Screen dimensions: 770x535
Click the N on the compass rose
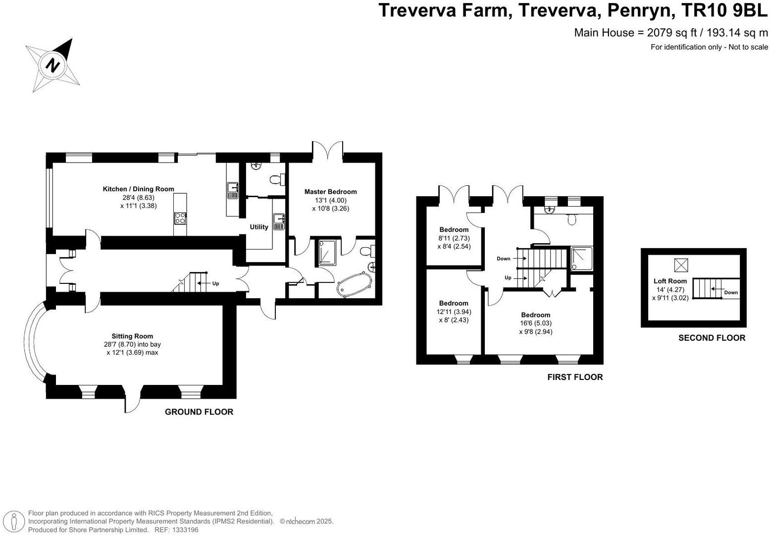(x=52, y=65)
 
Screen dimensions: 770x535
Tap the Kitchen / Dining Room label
(x=139, y=189)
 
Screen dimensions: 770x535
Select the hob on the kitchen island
(x=180, y=218)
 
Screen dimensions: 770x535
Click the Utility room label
(x=259, y=227)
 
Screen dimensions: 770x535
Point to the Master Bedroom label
(x=331, y=192)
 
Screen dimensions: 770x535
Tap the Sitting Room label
(x=132, y=336)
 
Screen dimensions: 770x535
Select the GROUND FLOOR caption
(x=199, y=412)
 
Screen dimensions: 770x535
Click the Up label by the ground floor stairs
(x=215, y=284)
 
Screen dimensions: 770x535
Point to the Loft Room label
(x=670, y=281)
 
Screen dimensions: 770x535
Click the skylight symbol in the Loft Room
(x=681, y=265)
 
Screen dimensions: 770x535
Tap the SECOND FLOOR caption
(x=712, y=338)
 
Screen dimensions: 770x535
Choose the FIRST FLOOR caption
(x=575, y=377)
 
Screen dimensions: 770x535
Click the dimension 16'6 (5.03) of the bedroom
(x=536, y=323)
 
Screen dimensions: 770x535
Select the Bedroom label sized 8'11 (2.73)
(x=454, y=230)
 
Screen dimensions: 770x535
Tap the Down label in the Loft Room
(x=731, y=293)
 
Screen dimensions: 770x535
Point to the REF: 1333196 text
(x=177, y=530)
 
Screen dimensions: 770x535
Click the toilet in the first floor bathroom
(x=571, y=219)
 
